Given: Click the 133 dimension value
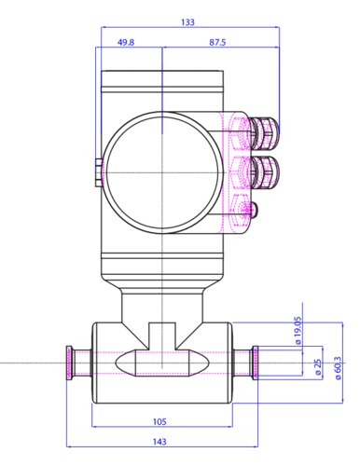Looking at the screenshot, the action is (x=187, y=22).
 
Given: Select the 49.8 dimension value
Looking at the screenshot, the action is (x=126, y=42).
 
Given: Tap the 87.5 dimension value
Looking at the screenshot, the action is (x=217, y=42).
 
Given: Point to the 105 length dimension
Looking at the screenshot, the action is (x=159, y=421).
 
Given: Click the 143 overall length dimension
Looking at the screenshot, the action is (x=159, y=442).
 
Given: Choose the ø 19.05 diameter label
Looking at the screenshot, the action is (x=298, y=331).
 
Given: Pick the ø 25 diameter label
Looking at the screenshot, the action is (x=318, y=367).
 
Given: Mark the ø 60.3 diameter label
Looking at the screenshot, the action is (x=338, y=368).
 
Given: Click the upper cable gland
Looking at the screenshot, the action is (x=264, y=130).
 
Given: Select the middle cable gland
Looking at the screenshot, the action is (x=264, y=172).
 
